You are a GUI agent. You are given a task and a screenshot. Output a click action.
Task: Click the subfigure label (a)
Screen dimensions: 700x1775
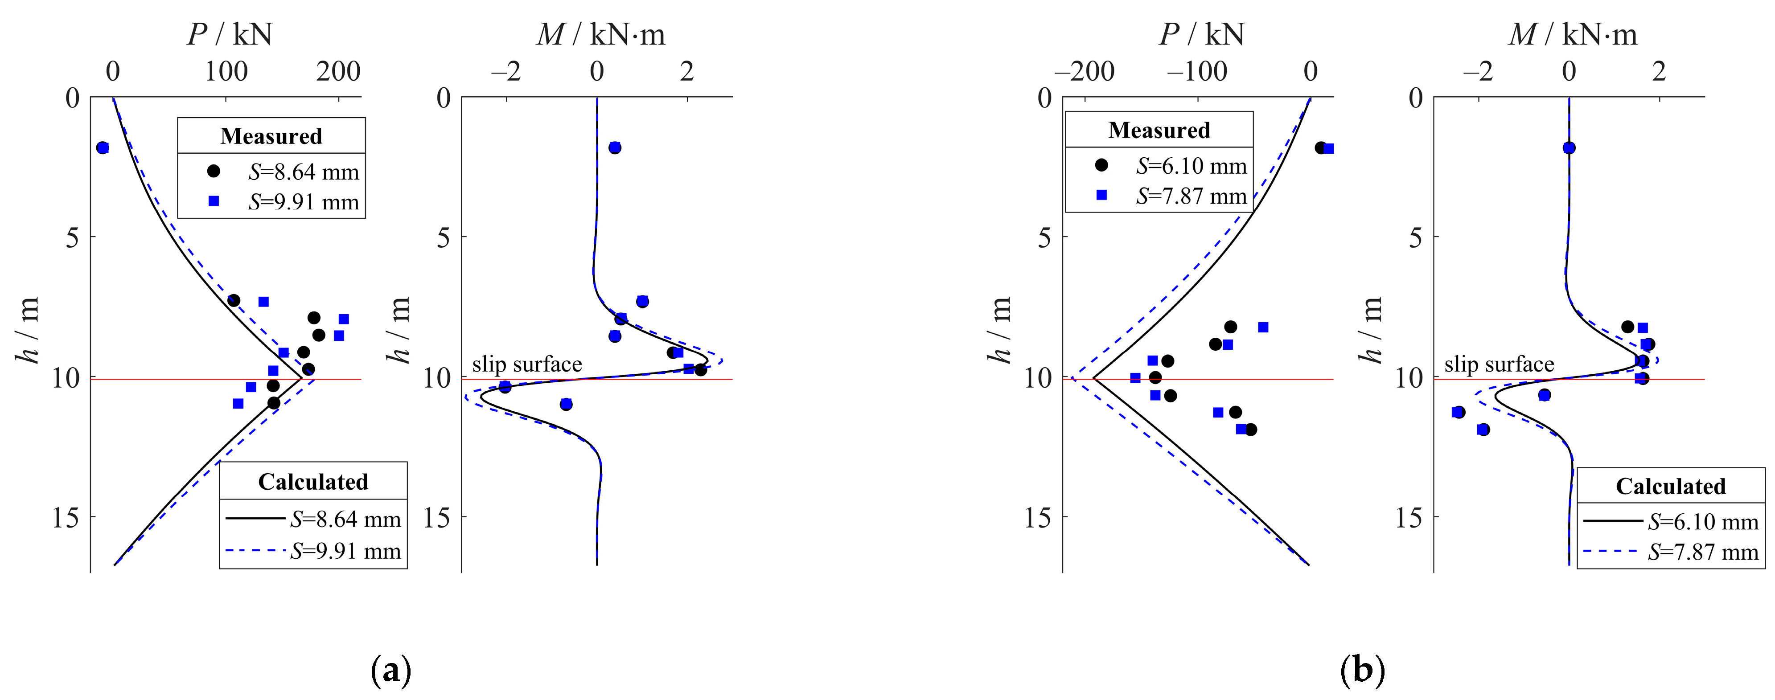(x=390, y=670)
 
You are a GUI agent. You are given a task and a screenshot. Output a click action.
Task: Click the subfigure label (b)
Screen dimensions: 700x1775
(x=1362, y=670)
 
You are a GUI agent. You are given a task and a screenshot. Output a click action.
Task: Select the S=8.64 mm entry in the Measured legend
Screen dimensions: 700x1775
(x=303, y=172)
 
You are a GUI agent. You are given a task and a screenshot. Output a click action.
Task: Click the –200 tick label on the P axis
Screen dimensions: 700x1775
(x=1085, y=72)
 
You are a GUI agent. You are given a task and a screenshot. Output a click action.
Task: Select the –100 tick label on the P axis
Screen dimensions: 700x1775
(x=1197, y=72)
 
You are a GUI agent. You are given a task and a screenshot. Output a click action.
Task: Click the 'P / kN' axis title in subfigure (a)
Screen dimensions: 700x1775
(x=230, y=34)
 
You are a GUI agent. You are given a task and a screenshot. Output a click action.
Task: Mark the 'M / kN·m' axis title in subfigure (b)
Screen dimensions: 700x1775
(x=1573, y=34)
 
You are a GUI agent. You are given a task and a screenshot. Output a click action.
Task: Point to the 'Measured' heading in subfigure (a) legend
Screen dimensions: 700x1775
(x=271, y=136)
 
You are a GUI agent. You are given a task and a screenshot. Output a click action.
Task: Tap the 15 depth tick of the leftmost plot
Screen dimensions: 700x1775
(x=66, y=517)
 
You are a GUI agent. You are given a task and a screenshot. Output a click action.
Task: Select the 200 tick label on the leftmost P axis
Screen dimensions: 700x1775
(x=338, y=72)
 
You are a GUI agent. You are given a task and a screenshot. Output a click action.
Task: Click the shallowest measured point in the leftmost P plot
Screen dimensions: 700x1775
(x=103, y=147)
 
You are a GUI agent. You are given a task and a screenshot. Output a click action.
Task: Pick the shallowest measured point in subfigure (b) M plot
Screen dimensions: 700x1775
(x=1569, y=147)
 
